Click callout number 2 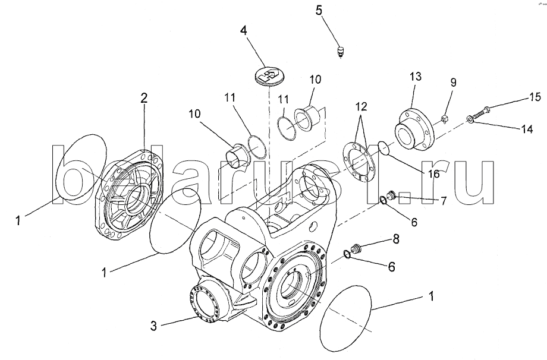coord(143,99)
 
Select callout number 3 coord(153,325)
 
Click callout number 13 coord(414,77)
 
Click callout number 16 coord(433,173)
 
